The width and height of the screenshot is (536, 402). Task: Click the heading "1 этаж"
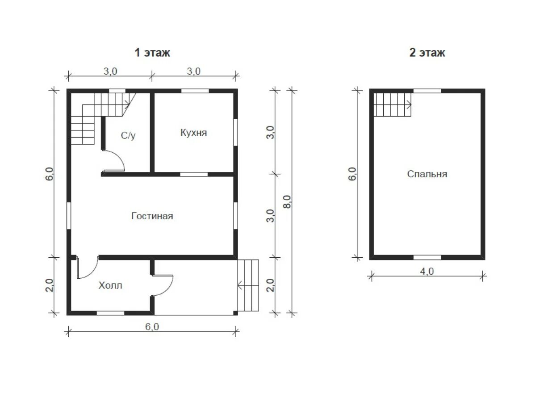[x=152, y=53]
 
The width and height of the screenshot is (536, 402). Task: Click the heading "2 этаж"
[x=427, y=53]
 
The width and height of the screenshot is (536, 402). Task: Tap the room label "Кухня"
[x=193, y=133]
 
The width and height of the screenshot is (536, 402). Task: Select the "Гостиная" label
[x=152, y=216]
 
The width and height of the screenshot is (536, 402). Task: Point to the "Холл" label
[x=110, y=285]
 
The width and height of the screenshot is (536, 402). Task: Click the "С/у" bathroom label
[x=128, y=135]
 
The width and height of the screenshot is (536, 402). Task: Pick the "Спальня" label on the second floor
[x=427, y=174]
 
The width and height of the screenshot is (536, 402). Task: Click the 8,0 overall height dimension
[x=287, y=201]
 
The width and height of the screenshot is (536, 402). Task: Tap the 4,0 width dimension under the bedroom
[x=427, y=271]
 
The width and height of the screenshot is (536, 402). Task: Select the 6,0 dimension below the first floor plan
[x=152, y=327]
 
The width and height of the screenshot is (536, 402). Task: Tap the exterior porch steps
[x=248, y=285]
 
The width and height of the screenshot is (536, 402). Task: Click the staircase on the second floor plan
[x=393, y=105]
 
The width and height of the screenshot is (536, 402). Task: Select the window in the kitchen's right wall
[x=236, y=132]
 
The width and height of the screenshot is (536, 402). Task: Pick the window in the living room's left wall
[x=69, y=216]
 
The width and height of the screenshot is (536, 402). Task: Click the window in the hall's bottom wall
[x=110, y=313]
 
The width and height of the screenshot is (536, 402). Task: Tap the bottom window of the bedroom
[x=427, y=258]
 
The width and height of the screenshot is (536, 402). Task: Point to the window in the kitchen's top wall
[x=195, y=91]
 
